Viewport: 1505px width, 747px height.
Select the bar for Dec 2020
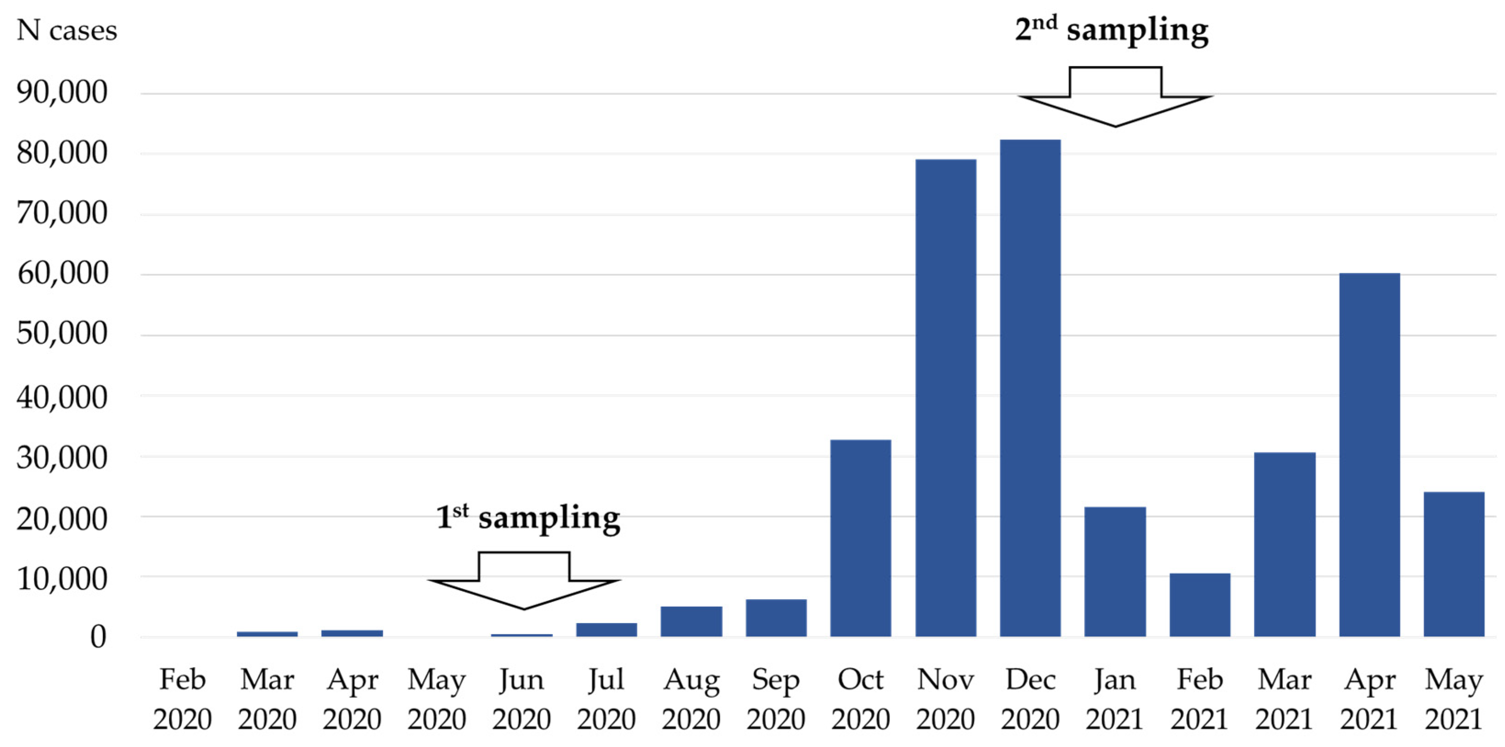[x=1030, y=388]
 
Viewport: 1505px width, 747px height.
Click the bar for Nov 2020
[x=946, y=397]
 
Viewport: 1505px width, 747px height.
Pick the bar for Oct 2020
[x=861, y=537]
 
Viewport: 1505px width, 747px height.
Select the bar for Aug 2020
[x=691, y=621]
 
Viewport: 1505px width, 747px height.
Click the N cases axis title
[x=67, y=30]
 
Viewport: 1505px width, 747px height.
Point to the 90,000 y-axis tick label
[x=62, y=92]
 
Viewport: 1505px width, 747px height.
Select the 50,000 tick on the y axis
[x=62, y=334]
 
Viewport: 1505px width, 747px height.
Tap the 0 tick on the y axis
[x=98, y=636]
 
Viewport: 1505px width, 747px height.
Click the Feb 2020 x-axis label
[x=182, y=698]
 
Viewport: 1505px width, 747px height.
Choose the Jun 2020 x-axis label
[x=521, y=698]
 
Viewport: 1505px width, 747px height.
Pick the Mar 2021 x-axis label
[x=1284, y=698]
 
